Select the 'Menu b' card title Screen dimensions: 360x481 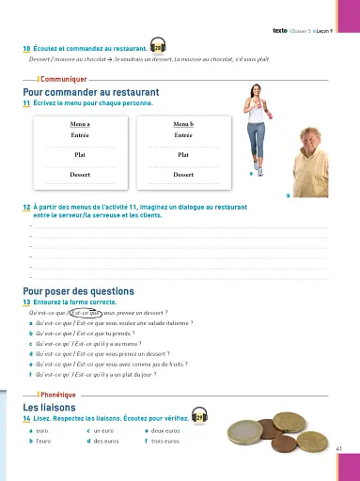pyautogui.click(x=183, y=123)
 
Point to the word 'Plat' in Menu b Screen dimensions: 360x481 pyautogui.click(x=183, y=153)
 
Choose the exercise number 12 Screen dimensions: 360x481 pyautogui.click(x=26, y=206)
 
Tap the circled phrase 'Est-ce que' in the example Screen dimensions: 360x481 pyautogui.click(x=73, y=312)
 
